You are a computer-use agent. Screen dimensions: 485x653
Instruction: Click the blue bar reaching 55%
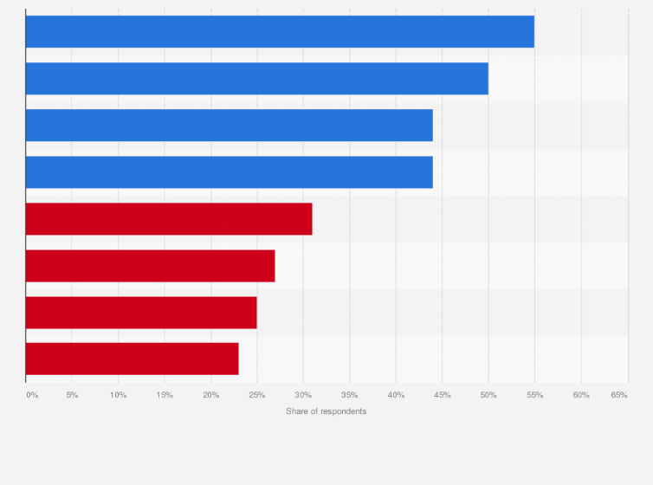(280, 32)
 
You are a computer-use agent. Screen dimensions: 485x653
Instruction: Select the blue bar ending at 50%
(257, 79)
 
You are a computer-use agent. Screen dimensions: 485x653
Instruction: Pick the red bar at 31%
(169, 219)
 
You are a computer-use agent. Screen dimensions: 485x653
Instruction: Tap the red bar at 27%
(150, 266)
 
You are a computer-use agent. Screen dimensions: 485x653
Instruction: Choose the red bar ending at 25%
(141, 313)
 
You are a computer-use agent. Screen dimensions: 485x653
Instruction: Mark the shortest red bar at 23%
(132, 359)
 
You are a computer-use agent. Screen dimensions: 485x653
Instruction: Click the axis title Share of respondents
(326, 411)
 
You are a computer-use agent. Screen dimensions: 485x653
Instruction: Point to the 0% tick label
(32, 395)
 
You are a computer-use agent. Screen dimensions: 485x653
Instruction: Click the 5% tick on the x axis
(72, 395)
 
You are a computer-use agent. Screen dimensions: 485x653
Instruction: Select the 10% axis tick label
(118, 395)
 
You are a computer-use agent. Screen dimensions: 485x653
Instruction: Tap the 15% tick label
(165, 395)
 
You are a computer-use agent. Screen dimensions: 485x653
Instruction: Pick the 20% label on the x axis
(210, 395)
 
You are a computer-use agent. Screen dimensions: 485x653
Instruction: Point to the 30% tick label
(303, 395)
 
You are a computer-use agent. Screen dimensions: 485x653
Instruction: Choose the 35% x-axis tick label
(350, 395)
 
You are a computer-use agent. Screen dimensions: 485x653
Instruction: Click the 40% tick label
(396, 395)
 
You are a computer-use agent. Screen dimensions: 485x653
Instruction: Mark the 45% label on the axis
(442, 395)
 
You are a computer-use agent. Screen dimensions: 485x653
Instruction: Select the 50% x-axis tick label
(488, 395)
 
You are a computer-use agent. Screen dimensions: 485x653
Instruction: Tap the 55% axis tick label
(534, 395)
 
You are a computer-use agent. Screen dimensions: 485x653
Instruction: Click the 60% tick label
(581, 395)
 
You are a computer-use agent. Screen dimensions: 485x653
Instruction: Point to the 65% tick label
(618, 395)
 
